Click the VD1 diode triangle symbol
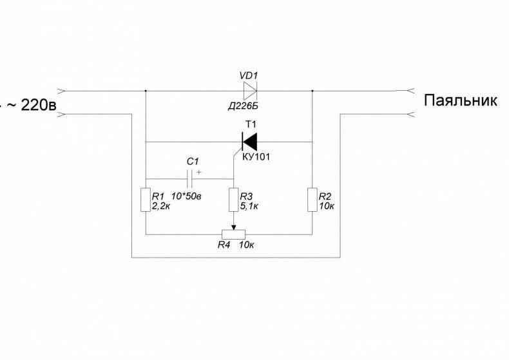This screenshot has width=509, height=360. (250, 90)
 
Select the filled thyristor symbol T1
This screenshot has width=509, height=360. (249, 142)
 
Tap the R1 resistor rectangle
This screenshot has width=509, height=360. (146, 200)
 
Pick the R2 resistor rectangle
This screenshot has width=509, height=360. (312, 200)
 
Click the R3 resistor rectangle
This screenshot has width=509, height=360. (234, 200)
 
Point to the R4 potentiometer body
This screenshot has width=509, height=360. (233, 234)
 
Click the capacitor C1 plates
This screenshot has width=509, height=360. (190, 178)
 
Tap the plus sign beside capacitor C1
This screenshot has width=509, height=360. (198, 172)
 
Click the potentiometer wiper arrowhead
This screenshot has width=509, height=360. (234, 227)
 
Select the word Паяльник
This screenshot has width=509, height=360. (460, 100)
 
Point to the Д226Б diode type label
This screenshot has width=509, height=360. (243, 106)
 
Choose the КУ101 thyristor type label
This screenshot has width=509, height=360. (256, 157)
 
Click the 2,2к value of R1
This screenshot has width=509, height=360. (160, 205)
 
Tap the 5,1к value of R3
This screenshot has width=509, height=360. (249, 205)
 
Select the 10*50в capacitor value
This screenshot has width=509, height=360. (186, 196)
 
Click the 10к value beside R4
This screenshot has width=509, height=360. (246, 245)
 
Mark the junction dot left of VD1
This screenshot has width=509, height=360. (146, 91)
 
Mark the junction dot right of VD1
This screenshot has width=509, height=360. (312, 91)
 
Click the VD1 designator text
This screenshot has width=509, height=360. (249, 76)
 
